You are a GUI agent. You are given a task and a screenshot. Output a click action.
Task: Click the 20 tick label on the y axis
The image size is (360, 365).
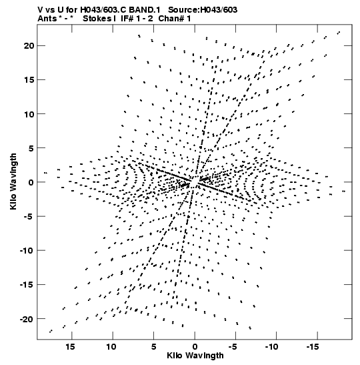[29, 46]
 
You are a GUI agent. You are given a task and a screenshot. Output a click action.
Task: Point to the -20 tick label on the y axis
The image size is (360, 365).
[27, 319]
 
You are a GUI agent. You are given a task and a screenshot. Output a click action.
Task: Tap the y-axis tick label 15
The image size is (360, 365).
[29, 80]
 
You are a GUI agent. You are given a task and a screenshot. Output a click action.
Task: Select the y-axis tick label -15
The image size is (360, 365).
[27, 285]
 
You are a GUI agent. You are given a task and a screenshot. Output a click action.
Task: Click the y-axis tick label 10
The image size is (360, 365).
[29, 114]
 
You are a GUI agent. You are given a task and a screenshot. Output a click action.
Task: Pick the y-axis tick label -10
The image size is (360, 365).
[27, 251]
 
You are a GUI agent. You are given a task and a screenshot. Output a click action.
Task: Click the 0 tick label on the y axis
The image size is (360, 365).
[31, 182]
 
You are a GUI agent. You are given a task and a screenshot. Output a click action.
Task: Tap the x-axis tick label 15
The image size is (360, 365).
[71, 347]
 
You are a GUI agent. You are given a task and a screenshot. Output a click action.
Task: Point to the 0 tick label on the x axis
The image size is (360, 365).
[195, 347]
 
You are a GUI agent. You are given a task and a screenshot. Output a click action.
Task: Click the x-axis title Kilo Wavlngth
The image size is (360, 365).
[195, 356]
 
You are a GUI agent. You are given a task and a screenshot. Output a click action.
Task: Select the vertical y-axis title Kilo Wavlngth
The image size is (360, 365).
[13, 181]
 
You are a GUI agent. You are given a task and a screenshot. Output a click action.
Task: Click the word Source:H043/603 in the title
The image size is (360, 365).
[203, 10]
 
